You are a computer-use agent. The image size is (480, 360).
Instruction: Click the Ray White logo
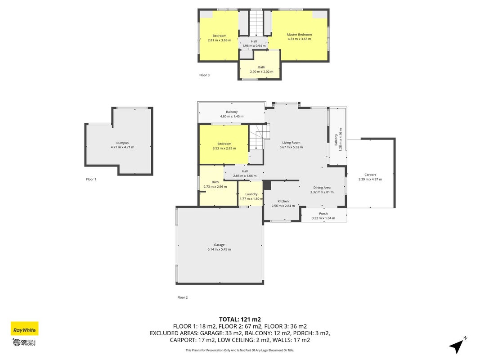(x=24, y=328)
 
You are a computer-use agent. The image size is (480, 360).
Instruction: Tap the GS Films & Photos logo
(x=24, y=342)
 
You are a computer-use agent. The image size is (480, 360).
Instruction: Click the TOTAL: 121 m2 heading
(x=240, y=320)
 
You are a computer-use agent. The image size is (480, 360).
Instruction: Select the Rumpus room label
(x=122, y=143)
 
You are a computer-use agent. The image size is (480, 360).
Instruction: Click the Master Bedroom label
(x=300, y=35)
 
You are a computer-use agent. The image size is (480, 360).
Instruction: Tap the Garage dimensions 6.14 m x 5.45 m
(x=219, y=249)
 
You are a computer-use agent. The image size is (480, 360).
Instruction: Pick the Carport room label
(x=370, y=175)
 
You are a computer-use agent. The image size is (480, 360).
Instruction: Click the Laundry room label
(x=251, y=194)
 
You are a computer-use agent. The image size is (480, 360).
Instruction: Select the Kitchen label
(x=283, y=201)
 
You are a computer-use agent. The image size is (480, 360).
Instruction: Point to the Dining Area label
(x=322, y=188)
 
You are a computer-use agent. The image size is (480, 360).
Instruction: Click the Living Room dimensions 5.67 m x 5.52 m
(x=291, y=147)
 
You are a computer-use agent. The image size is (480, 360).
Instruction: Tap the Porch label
(x=323, y=214)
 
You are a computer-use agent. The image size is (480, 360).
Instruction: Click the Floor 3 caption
(x=205, y=75)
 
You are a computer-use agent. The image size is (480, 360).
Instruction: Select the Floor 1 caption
(x=91, y=180)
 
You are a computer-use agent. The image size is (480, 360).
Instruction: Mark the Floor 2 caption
(x=183, y=297)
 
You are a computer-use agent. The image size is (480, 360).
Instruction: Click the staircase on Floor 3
(x=256, y=23)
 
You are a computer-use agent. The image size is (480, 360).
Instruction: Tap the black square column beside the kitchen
(x=267, y=185)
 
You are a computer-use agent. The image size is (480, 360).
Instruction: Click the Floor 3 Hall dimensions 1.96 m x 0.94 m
(x=254, y=46)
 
